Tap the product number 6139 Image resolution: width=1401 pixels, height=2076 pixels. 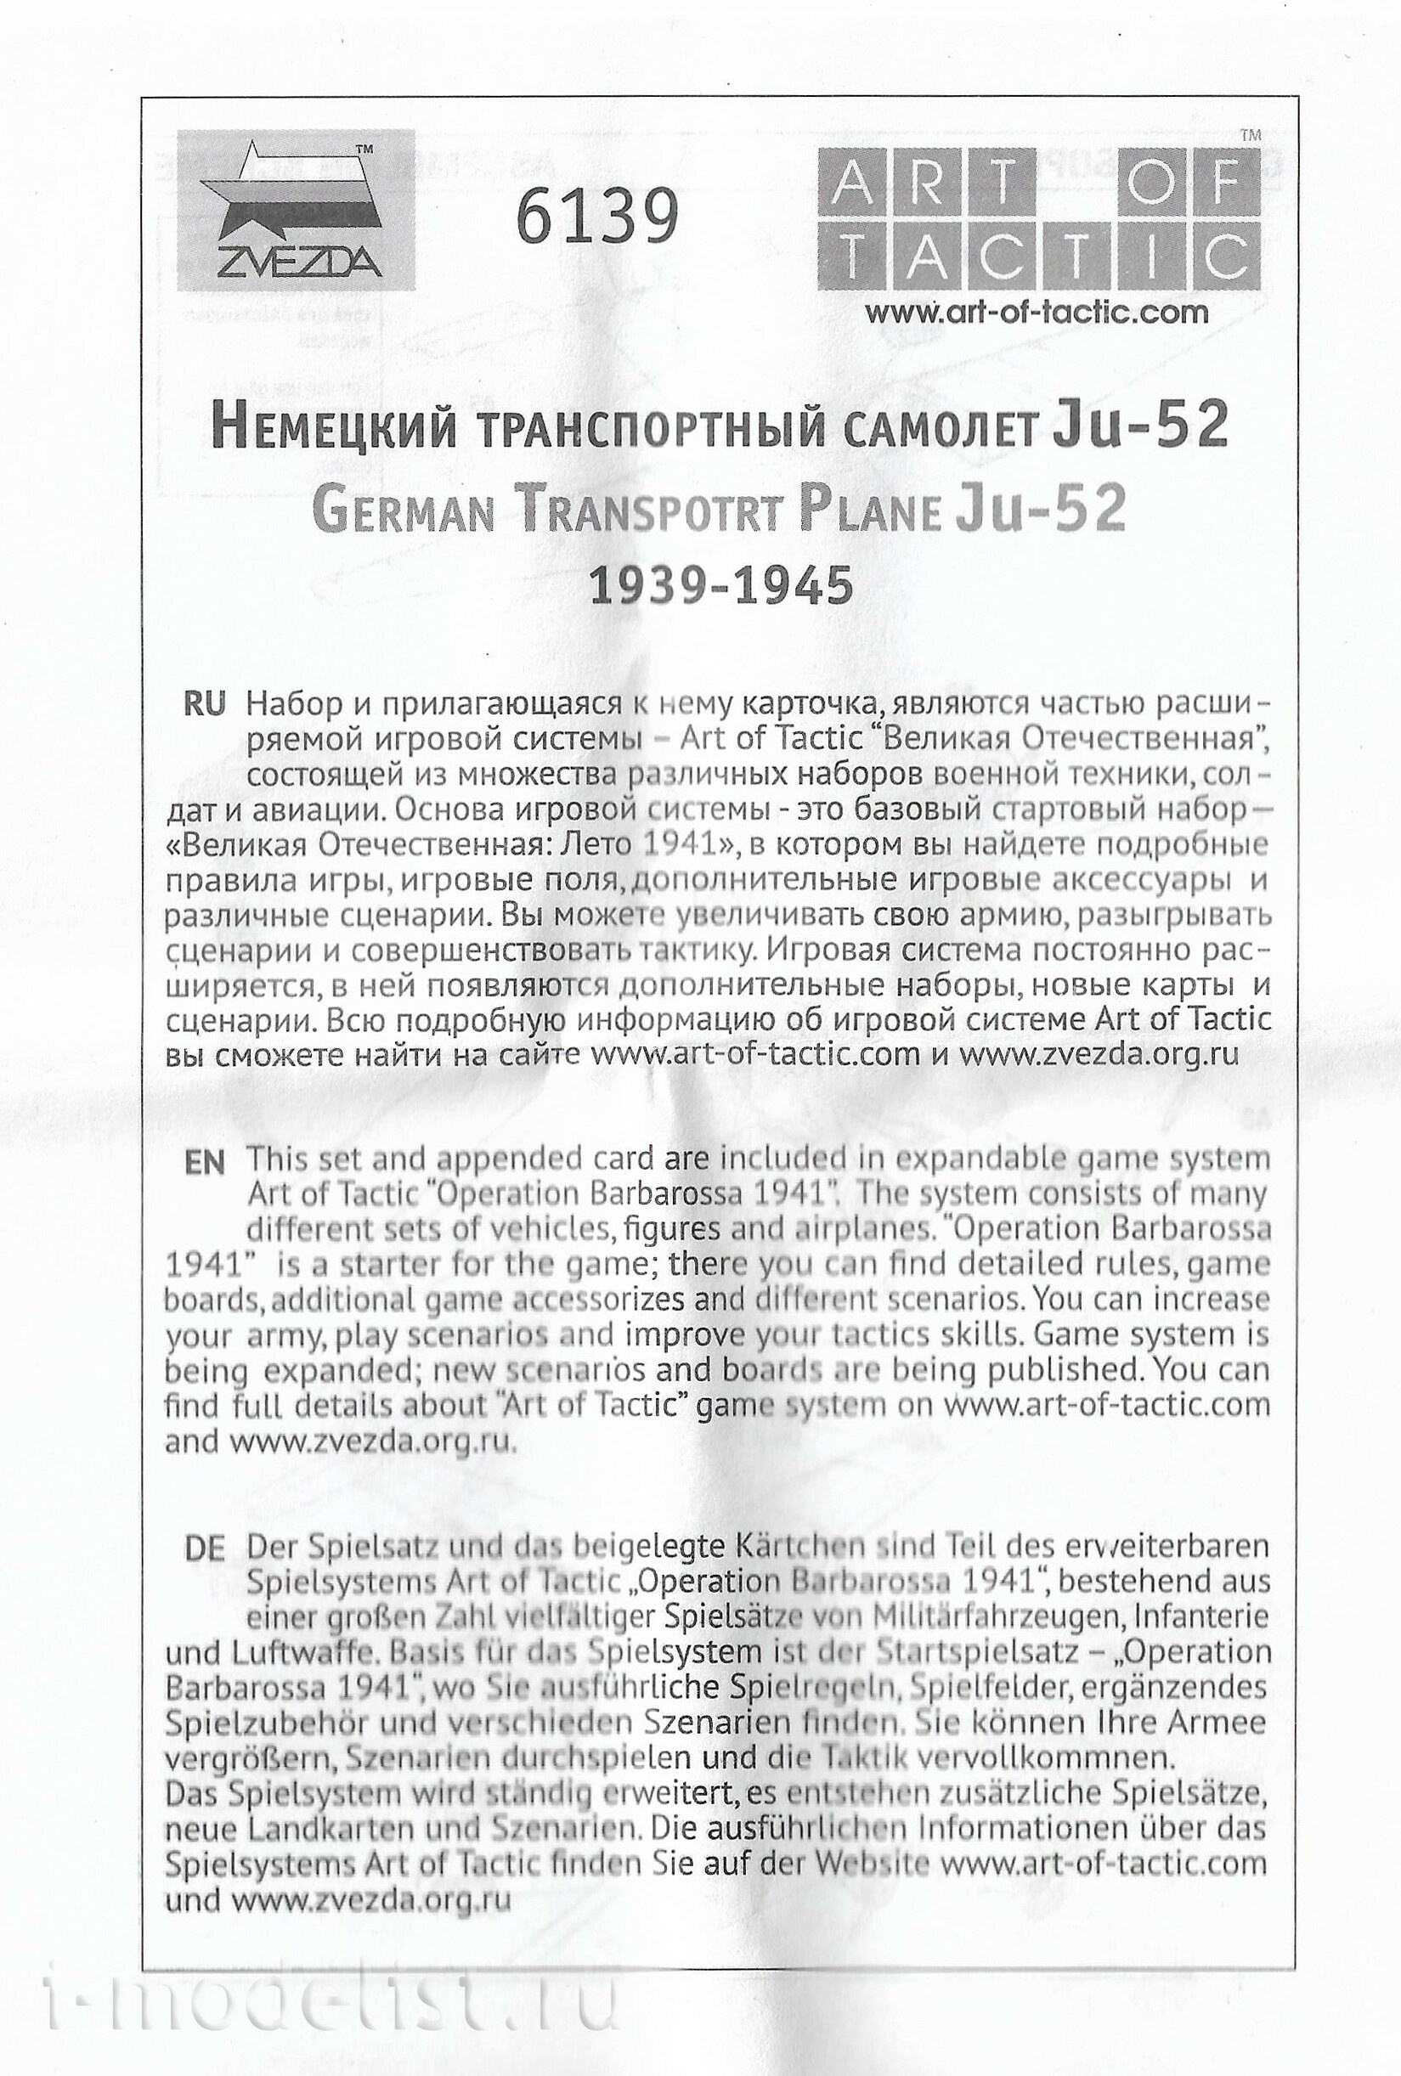pos(598,218)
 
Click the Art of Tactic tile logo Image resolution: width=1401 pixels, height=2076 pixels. pos(1038,219)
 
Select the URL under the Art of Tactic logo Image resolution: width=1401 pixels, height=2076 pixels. pos(1037,311)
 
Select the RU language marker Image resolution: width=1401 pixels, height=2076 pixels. pos(204,704)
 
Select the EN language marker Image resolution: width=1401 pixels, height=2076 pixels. pos(204,1162)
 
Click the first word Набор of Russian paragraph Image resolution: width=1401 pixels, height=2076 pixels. pos(295,704)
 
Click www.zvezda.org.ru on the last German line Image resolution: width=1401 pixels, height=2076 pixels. pos(370,1898)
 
